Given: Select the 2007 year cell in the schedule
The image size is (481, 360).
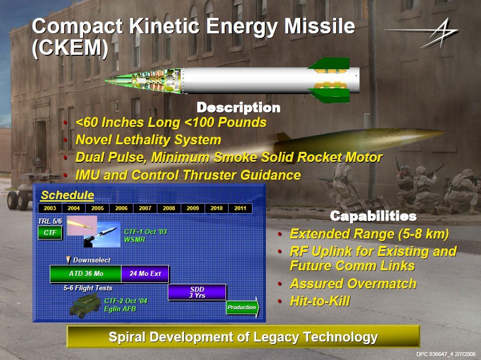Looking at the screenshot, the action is [145, 208].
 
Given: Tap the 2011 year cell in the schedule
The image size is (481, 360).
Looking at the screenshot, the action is [240, 208].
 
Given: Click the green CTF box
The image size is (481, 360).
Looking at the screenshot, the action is [50, 233].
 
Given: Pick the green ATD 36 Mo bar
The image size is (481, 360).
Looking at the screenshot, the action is [86, 273].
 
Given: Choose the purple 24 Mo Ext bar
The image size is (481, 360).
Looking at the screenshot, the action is [145, 273].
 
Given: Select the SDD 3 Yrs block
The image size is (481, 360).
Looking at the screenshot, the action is [197, 292].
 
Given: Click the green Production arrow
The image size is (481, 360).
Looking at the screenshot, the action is [242, 307].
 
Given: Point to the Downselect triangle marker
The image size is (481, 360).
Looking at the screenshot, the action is [69, 260].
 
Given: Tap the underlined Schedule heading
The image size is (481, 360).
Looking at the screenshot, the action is [68, 195].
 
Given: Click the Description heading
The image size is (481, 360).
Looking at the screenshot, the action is [239, 108].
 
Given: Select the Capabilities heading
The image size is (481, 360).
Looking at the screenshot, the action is [373, 216].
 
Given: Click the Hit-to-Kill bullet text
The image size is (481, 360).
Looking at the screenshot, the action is [320, 301].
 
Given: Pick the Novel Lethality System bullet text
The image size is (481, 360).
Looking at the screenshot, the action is [148, 140].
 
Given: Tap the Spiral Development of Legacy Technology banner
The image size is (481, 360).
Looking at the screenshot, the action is [243, 337].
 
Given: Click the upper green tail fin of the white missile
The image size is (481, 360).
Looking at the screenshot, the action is [330, 64].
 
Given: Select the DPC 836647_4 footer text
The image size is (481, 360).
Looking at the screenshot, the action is [446, 354].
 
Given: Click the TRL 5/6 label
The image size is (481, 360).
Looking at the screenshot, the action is [50, 221].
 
